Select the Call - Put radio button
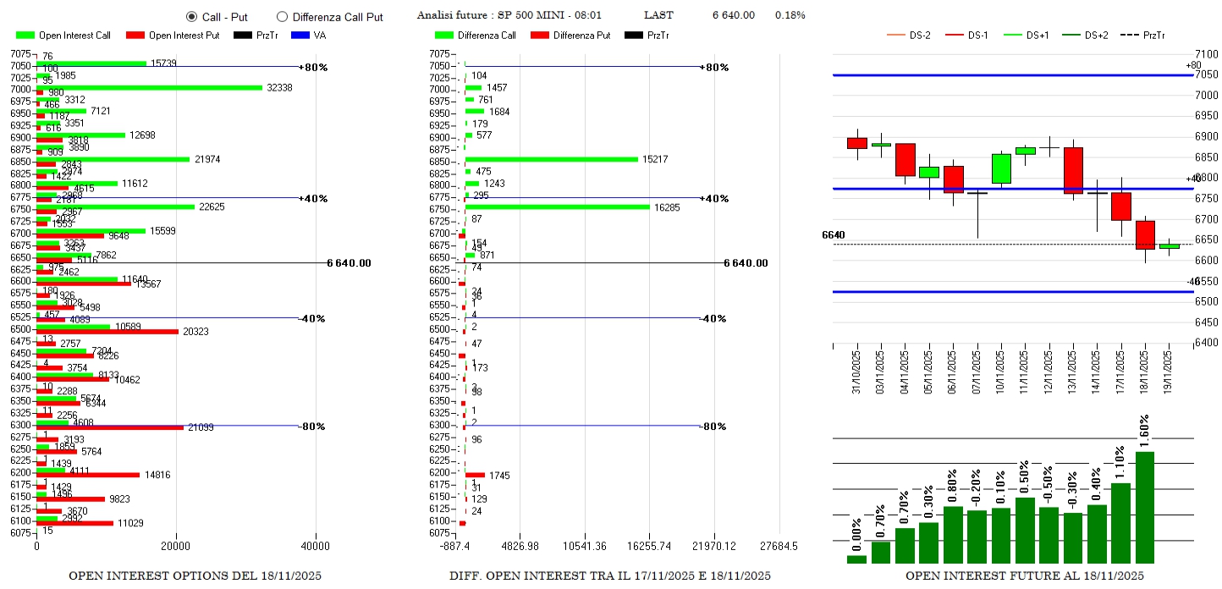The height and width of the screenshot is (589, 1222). pyautogui.click(x=191, y=17)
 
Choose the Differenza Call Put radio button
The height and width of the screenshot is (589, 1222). pyautogui.click(x=283, y=17)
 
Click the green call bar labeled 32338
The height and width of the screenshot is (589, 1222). pyautogui.click(x=150, y=87)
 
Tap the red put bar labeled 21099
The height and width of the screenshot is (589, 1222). pyautogui.click(x=110, y=427)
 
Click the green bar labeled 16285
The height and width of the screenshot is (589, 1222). pyautogui.click(x=558, y=206)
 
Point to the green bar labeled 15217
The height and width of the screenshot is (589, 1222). pyautogui.click(x=552, y=159)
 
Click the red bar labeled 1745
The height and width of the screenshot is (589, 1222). pyautogui.click(x=475, y=475)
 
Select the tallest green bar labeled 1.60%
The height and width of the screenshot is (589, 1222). pyautogui.click(x=1145, y=507)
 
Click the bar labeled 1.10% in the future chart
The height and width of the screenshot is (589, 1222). pyautogui.click(x=1120, y=522)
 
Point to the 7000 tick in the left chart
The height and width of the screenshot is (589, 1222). pyautogui.click(x=20, y=90)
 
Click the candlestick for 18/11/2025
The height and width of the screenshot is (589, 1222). pyautogui.click(x=1145, y=235)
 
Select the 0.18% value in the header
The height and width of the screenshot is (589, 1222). pyautogui.click(x=790, y=15)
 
